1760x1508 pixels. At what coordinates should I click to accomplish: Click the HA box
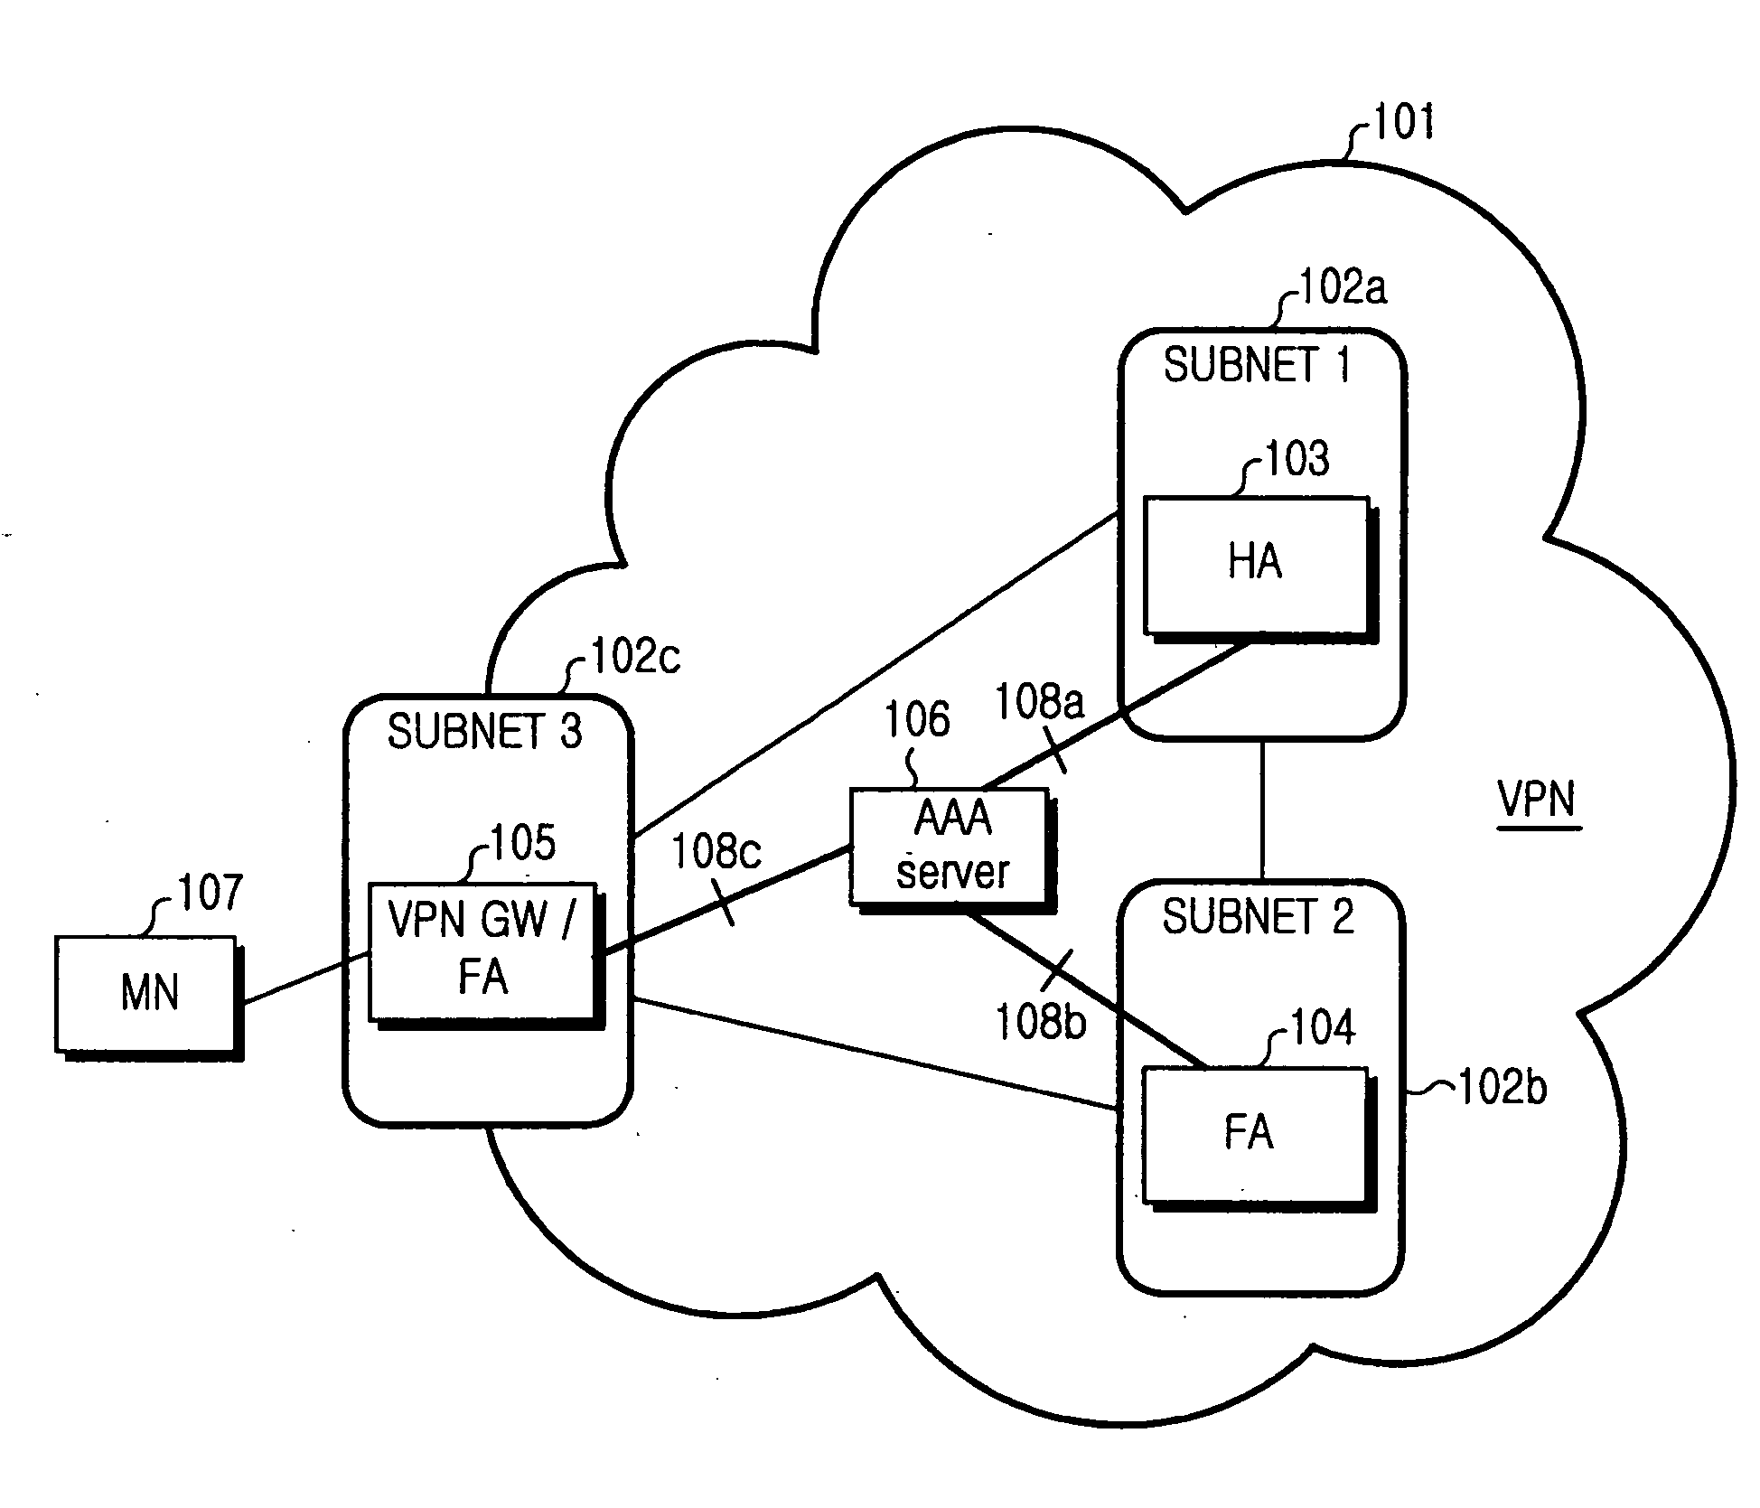(1259, 569)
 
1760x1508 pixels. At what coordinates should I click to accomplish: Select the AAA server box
(953, 850)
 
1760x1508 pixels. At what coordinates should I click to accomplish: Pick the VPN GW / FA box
(486, 955)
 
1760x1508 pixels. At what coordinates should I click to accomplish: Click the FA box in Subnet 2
(1259, 1139)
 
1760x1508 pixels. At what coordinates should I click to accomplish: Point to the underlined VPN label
(1536, 801)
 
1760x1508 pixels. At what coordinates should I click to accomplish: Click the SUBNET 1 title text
(1257, 366)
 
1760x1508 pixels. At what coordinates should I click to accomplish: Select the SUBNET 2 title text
(1258, 918)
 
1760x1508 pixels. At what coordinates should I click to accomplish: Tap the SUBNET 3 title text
(484, 732)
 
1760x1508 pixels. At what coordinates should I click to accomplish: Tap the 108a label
(1039, 702)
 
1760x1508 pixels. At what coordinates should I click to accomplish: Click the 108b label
(1040, 1023)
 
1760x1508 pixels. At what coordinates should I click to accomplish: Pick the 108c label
(716, 852)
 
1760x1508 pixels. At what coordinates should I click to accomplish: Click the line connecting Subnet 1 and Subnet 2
(1262, 810)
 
